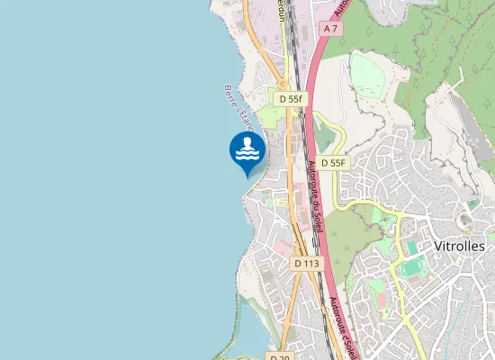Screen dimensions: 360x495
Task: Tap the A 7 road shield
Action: coord(331,29)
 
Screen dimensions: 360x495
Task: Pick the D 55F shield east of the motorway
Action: coord(334,163)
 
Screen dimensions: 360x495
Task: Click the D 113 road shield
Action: coord(306,263)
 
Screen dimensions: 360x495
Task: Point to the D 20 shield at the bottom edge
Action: coord(281,357)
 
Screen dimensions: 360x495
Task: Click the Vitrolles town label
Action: coord(459,246)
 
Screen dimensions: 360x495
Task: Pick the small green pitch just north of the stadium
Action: coord(412,247)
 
